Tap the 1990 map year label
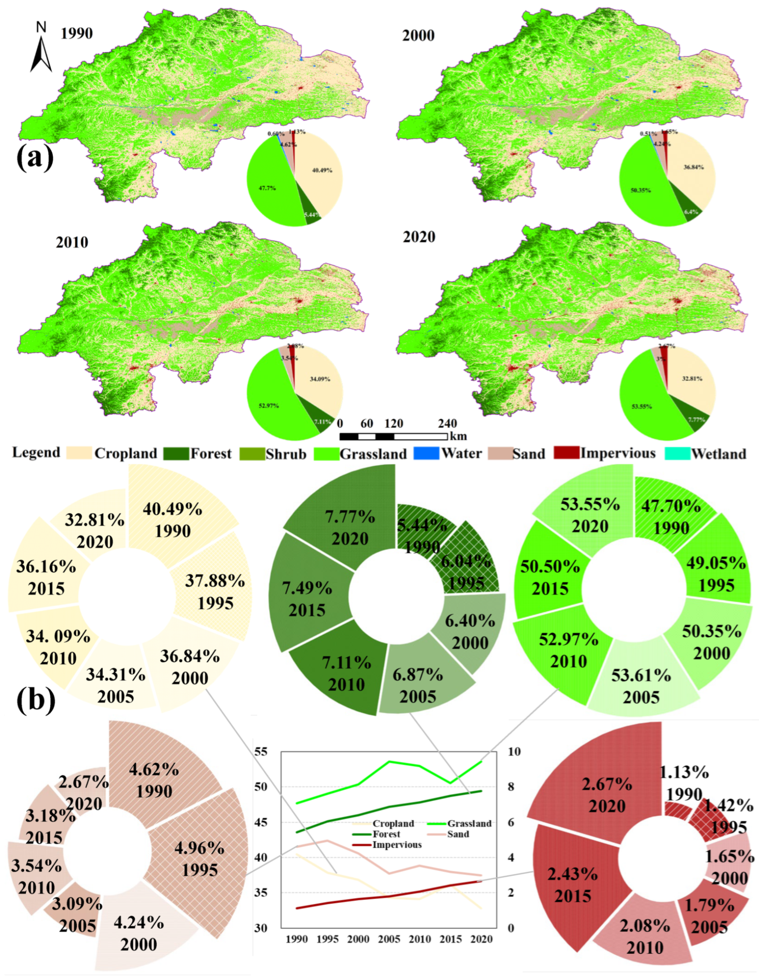(77, 34)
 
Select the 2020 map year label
(419, 237)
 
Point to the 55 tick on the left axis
(261, 751)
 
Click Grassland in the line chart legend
(469, 823)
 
